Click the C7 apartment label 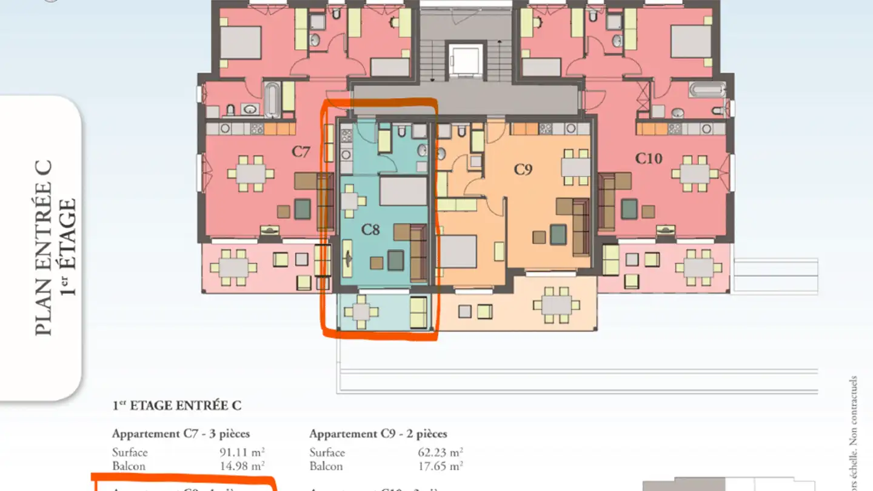click(x=301, y=152)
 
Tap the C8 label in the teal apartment click(x=370, y=230)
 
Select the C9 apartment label click(x=523, y=170)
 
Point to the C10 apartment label click(x=649, y=159)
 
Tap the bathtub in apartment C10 click(x=707, y=90)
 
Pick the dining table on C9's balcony click(x=557, y=306)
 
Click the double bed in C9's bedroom click(x=458, y=252)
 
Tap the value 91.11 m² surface click(x=242, y=452)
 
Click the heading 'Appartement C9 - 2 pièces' click(x=378, y=434)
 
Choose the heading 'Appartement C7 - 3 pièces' click(x=181, y=434)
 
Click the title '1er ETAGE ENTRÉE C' click(x=176, y=406)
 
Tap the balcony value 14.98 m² click(x=242, y=466)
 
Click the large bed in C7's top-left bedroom click(x=239, y=42)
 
